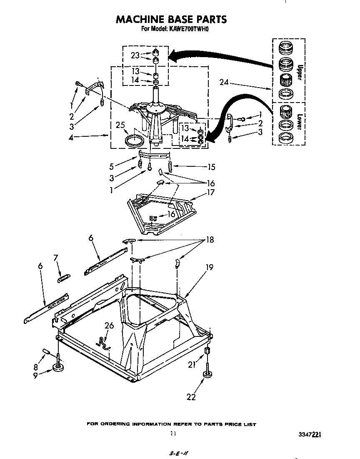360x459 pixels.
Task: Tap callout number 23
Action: (x=135, y=55)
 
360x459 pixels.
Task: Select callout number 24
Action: (x=224, y=82)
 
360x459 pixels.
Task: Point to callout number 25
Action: (x=120, y=125)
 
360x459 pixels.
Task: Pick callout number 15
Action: (x=211, y=167)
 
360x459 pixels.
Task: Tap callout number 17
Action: (x=211, y=192)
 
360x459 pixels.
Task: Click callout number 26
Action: (x=109, y=325)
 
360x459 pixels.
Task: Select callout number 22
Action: (x=191, y=397)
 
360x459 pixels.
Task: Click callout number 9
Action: (x=35, y=375)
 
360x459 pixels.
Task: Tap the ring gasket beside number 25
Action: (x=134, y=139)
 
